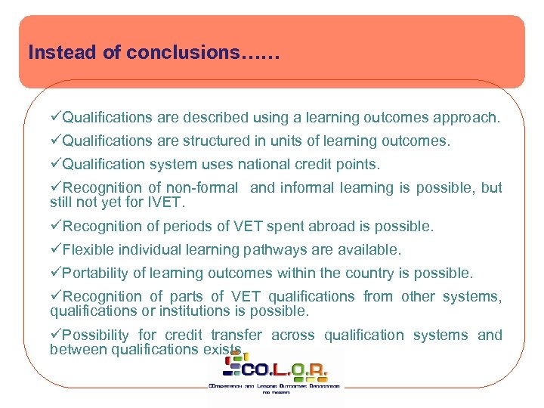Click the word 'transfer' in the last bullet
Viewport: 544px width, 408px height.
point(236,335)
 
